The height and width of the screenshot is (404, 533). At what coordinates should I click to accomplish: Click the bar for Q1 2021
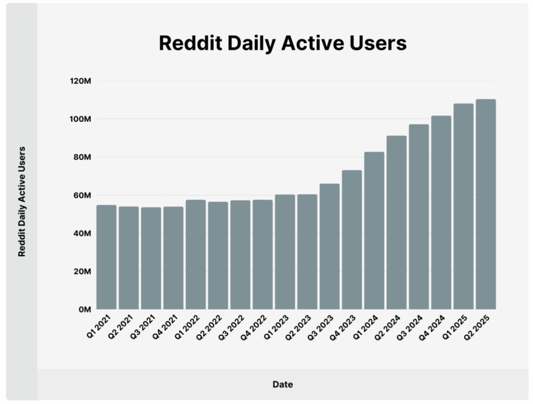point(106,257)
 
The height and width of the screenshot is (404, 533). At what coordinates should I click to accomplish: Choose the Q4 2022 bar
point(262,255)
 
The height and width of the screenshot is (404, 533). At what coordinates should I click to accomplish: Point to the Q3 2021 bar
point(151,258)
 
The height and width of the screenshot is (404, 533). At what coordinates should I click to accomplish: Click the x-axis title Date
point(283,385)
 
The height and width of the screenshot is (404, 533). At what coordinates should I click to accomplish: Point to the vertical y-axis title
point(22,201)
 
